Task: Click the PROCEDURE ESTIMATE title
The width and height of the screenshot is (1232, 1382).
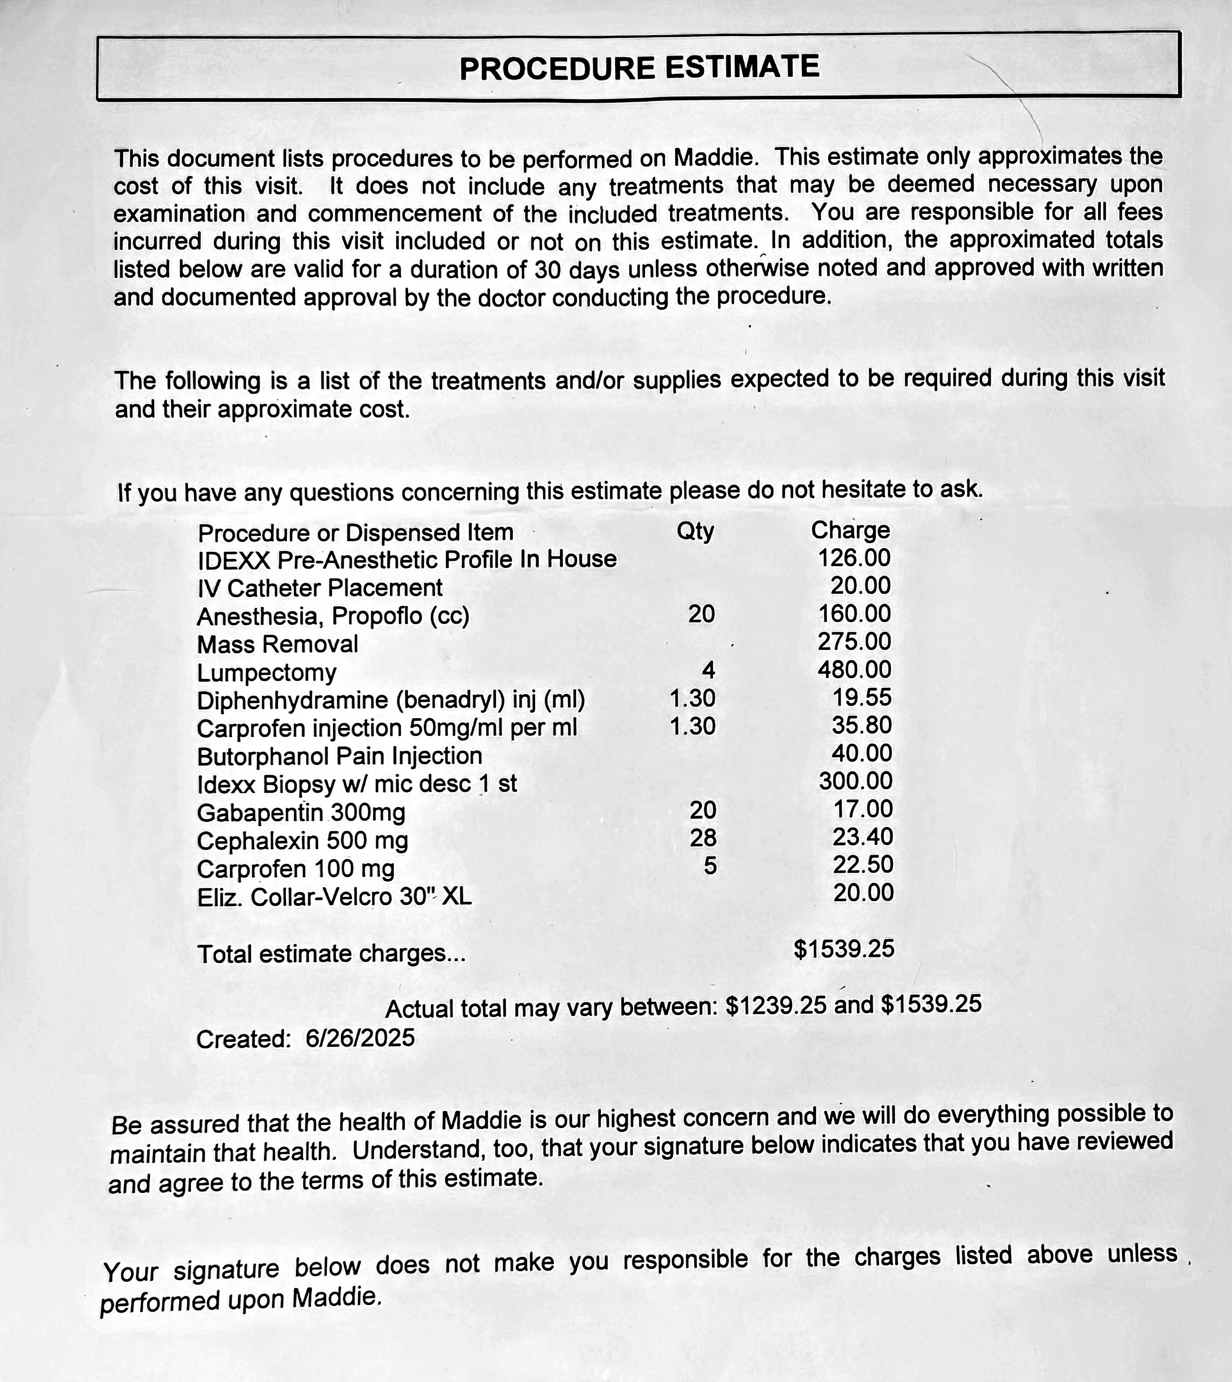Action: [x=639, y=68]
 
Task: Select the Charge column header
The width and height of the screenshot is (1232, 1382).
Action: [x=850, y=530]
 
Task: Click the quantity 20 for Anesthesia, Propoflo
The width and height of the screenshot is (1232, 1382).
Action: [x=701, y=614]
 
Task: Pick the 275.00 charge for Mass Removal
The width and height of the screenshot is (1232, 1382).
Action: [x=854, y=642]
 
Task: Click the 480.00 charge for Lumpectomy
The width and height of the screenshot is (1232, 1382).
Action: [x=854, y=669]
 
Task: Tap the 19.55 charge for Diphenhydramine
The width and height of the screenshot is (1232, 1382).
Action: [x=862, y=697]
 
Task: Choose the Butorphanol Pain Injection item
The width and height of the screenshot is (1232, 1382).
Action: [x=339, y=756]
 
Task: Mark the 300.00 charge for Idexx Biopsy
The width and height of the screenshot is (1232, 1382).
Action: [x=856, y=781]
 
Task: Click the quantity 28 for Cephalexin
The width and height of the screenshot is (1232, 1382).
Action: [x=703, y=838]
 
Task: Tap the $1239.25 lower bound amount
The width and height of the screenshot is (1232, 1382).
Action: [x=776, y=1005]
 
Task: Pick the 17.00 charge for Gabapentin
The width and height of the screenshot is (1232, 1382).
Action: [x=862, y=809]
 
